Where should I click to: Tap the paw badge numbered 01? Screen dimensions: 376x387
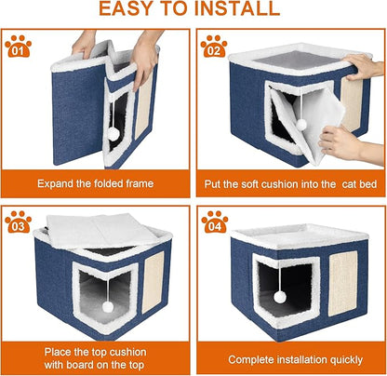coord(18,46)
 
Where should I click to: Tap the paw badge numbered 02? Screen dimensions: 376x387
coord(213,46)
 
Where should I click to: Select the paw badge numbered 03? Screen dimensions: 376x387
coord(18,222)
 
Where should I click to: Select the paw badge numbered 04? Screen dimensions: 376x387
coord(213,222)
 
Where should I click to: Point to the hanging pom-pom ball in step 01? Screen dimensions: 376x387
coord(113,134)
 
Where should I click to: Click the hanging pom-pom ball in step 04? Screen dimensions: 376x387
coord(279,297)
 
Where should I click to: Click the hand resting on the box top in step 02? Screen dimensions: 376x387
coord(364,65)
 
